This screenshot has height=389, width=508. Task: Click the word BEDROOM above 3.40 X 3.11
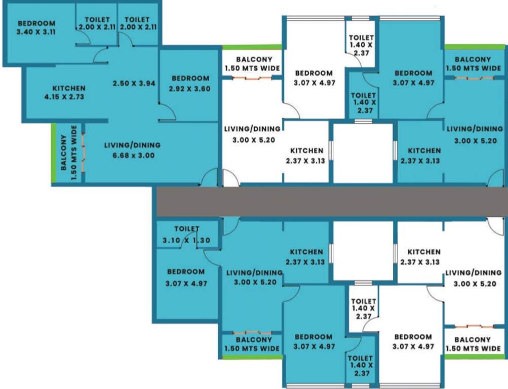tap(36, 23)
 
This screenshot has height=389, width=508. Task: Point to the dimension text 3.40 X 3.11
tap(36, 31)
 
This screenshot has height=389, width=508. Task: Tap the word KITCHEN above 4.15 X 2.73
tap(69, 88)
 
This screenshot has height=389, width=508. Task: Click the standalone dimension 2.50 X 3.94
tap(134, 84)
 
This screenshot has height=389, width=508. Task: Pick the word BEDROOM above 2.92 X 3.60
tap(190, 79)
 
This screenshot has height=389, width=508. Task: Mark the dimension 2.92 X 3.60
tap(190, 89)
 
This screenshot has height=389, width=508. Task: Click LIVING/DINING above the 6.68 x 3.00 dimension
tap(132, 145)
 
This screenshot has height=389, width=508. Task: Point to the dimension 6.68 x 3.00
tap(132, 155)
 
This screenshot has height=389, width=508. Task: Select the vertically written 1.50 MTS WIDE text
tap(75, 152)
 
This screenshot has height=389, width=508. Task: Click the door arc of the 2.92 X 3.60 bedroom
tap(168, 112)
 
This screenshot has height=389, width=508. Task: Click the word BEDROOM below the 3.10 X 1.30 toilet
tap(186, 271)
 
